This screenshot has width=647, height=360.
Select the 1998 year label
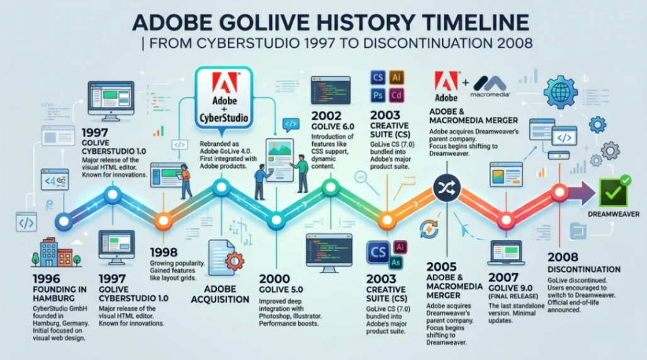tap(165, 252)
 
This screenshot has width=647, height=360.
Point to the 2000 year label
tap(276, 278)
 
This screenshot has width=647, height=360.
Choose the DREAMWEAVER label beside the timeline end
tap(614, 215)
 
